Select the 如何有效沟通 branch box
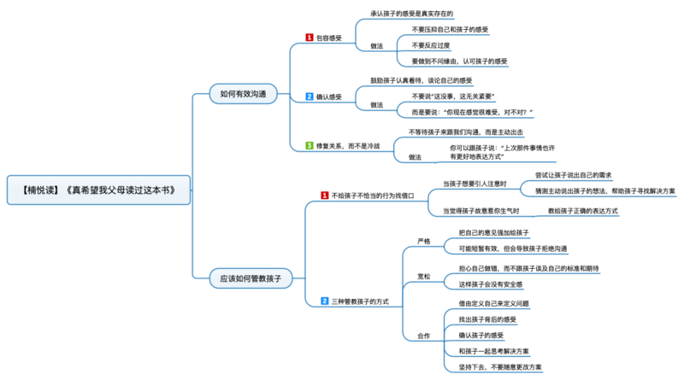click(243, 94)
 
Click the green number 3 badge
click(310, 146)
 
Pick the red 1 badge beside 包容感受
click(310, 38)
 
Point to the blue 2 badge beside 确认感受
click(310, 97)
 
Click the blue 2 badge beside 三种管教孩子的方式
click(324, 301)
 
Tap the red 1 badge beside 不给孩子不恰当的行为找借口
click(324, 196)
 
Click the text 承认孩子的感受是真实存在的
click(411, 15)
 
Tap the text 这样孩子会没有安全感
click(490, 284)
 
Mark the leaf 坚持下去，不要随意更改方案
click(499, 366)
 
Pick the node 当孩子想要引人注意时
click(475, 184)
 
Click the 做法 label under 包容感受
click(376, 45)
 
